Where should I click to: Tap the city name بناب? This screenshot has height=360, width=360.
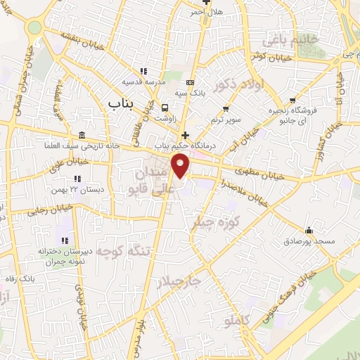tap(120, 103)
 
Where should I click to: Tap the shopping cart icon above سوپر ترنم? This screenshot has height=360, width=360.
tap(226, 108)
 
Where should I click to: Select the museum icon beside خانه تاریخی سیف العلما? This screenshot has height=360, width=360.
tap(83, 135)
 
